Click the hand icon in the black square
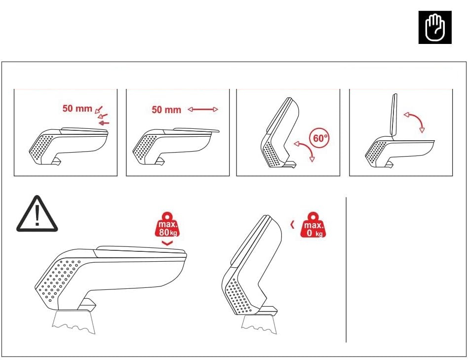pyautogui.click(x=435, y=28)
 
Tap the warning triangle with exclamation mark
pyautogui.click(x=37, y=214)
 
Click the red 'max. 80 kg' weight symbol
pyautogui.click(x=167, y=225)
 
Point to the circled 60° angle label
pyautogui.click(x=320, y=138)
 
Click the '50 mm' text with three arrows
pyautogui.click(x=78, y=108)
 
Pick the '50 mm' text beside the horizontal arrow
pyautogui.click(x=166, y=110)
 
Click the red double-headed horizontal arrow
pyautogui.click(x=203, y=109)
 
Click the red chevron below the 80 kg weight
pyautogui.click(x=167, y=243)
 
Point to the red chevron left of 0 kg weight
pyautogui.click(x=292, y=225)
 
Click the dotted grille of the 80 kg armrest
pyautogui.click(x=58, y=279)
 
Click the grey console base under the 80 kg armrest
pyautogui.click(x=74, y=321)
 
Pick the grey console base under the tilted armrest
pyautogui.click(x=259, y=324)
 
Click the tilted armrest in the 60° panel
pyautogui.click(x=280, y=132)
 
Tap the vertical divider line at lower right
pyautogui.click(x=346, y=270)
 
